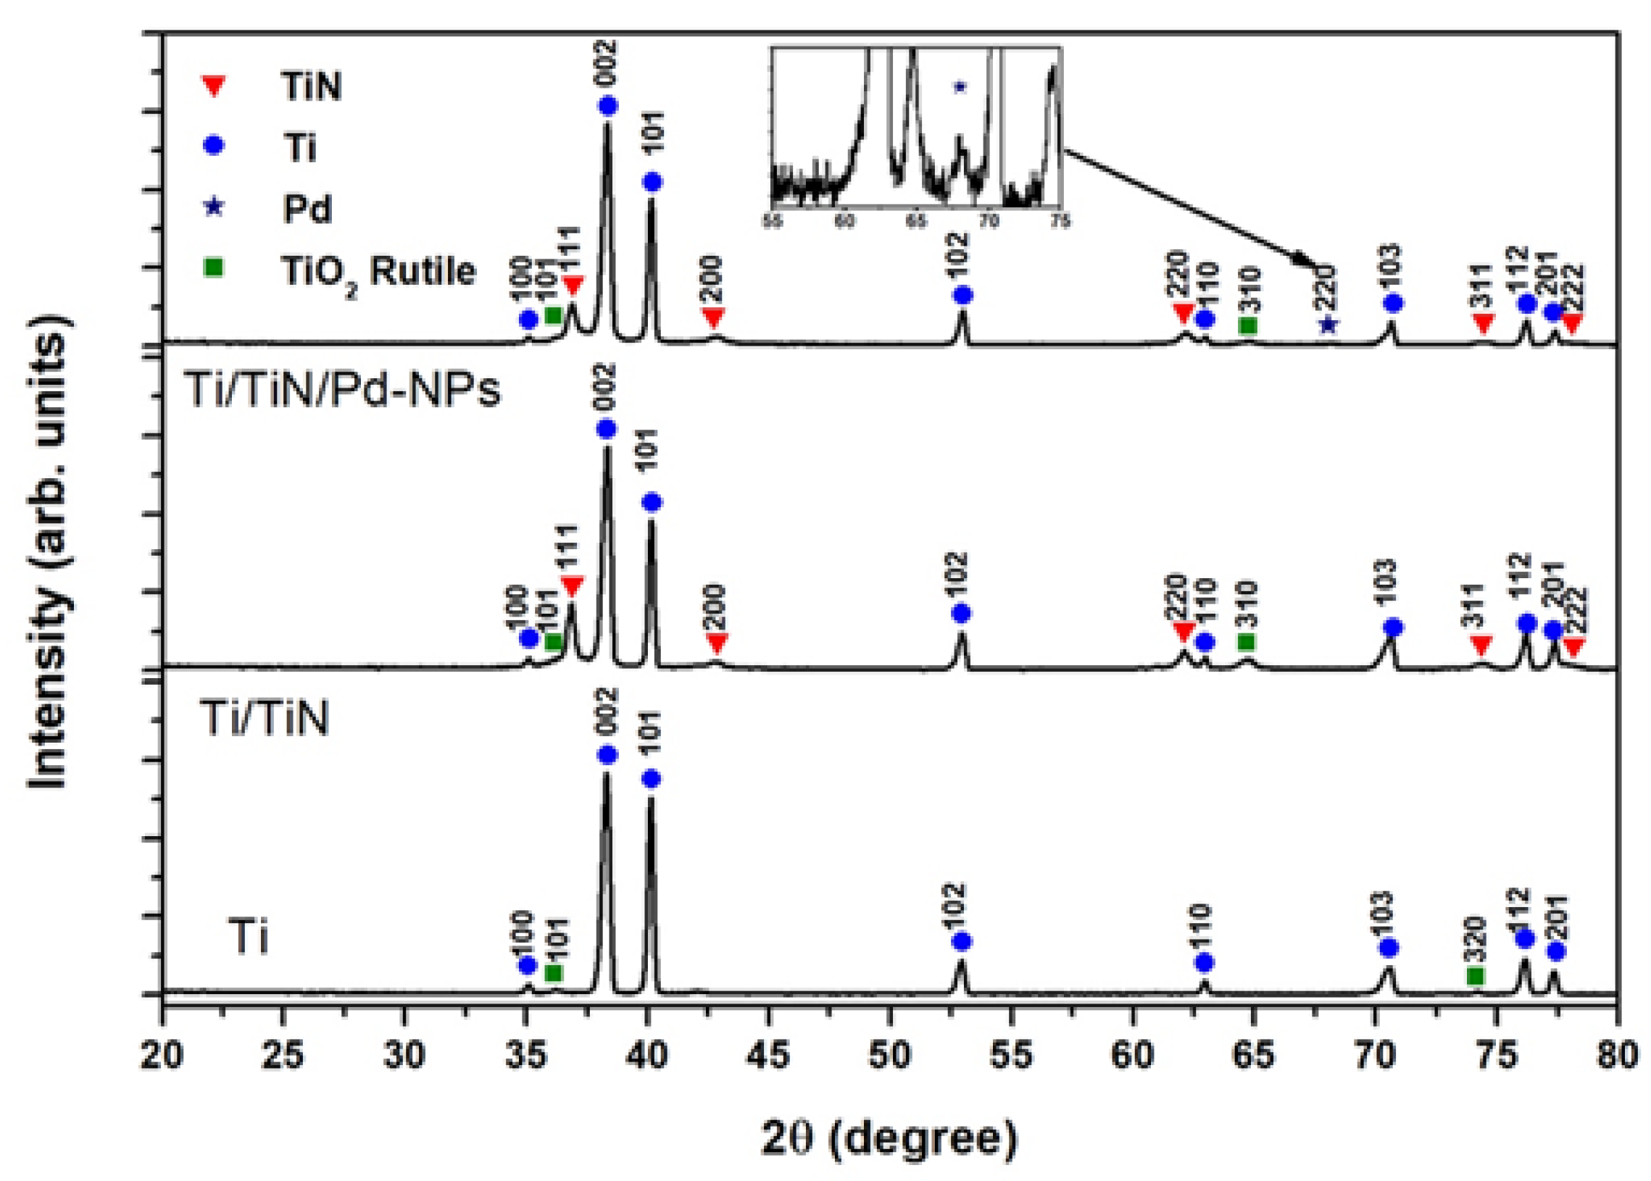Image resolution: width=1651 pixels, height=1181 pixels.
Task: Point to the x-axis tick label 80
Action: tap(1616, 1055)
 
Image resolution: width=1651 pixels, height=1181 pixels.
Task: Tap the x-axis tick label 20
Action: tap(162, 1055)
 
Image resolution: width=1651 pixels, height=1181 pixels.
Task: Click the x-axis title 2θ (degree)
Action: tap(889, 1139)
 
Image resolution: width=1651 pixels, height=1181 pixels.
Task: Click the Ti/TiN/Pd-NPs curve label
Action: tap(342, 390)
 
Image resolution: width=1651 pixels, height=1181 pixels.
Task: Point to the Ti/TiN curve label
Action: tap(265, 719)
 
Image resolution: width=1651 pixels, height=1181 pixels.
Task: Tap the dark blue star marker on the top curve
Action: tap(1328, 325)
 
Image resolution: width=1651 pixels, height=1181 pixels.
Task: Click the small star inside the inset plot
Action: tap(960, 87)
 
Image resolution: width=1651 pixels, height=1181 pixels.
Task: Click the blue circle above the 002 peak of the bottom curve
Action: tap(607, 756)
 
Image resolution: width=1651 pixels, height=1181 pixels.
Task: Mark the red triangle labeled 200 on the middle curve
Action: tap(717, 643)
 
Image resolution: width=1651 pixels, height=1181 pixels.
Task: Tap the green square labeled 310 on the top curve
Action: tap(1248, 325)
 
